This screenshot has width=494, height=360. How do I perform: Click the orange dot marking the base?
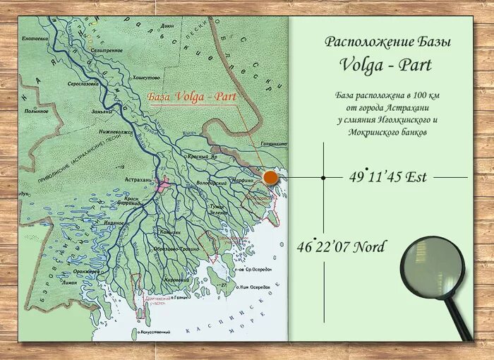(x=270, y=178)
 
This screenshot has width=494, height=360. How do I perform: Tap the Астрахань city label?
(x=137, y=181)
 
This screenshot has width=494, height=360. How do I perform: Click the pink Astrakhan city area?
(x=163, y=185)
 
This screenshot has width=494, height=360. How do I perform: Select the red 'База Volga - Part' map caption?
(x=191, y=95)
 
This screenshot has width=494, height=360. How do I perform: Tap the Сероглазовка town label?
(x=82, y=83)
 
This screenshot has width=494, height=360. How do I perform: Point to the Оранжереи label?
(x=87, y=271)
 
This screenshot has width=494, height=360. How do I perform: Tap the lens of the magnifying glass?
(x=432, y=268)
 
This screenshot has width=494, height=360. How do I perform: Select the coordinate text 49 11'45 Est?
(x=387, y=177)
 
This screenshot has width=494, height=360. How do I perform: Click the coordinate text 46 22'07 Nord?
(x=342, y=246)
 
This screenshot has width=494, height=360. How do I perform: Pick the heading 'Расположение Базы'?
(x=387, y=42)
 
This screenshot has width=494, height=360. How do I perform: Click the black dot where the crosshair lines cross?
(x=323, y=177)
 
